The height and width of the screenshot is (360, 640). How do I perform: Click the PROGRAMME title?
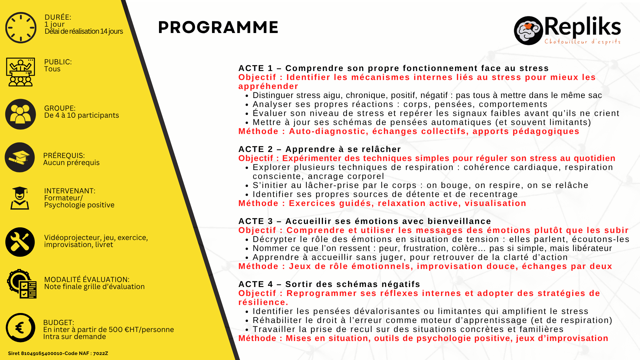pos(218,27)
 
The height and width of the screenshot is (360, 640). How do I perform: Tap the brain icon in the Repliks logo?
pos(528,31)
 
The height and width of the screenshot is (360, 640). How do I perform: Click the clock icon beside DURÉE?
pos(21,28)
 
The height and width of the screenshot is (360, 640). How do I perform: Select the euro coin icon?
pos(20,328)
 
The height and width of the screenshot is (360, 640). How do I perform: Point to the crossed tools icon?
pos(20,242)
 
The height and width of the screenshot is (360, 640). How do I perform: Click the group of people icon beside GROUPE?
pos(20,114)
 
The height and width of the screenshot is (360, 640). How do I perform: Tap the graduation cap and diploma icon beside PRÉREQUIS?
pos(20,157)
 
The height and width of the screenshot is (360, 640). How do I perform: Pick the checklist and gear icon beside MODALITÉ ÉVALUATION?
pos(22,284)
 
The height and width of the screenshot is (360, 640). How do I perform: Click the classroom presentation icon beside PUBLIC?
pos(20,72)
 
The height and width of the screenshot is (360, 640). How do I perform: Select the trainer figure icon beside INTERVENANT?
pos(20,198)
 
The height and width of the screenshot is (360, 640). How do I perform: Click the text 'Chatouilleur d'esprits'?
pos(582,42)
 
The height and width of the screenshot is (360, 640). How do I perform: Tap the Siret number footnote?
pos(58,353)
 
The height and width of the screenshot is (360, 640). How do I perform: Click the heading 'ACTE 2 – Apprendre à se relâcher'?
pos(320,149)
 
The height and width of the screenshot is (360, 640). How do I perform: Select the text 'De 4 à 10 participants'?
pos(81,115)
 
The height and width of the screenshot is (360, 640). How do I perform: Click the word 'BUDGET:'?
pos(59,323)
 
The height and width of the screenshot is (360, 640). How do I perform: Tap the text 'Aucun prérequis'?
pos(71,163)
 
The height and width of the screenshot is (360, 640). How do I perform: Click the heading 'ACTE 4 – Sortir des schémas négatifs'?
pos(329,284)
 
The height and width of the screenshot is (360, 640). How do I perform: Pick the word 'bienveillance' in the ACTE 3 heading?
pos(459,221)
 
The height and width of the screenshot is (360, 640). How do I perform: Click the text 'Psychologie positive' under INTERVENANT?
pos(79,205)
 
